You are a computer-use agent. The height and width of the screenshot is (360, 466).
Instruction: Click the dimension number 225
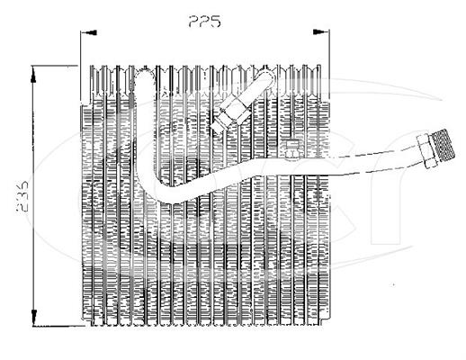click(205, 22)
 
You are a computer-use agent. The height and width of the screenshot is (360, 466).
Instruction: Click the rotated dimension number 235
click(22, 197)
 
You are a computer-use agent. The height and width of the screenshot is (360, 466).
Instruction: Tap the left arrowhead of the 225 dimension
click(89, 32)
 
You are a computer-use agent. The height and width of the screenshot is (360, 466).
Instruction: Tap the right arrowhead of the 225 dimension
click(320, 31)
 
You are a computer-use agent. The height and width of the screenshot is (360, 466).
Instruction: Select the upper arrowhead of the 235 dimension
click(33, 75)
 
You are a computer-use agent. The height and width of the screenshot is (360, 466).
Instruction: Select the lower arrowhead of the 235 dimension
click(33, 318)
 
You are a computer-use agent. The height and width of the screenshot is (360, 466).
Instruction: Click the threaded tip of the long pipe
click(444, 147)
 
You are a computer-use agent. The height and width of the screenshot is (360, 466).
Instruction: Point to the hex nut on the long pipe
click(426, 151)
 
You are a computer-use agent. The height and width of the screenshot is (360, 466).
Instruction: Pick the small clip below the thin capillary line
click(291, 148)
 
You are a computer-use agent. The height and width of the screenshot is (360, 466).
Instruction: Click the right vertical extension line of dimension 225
click(329, 66)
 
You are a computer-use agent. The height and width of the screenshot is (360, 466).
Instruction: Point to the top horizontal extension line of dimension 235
click(55, 66)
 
